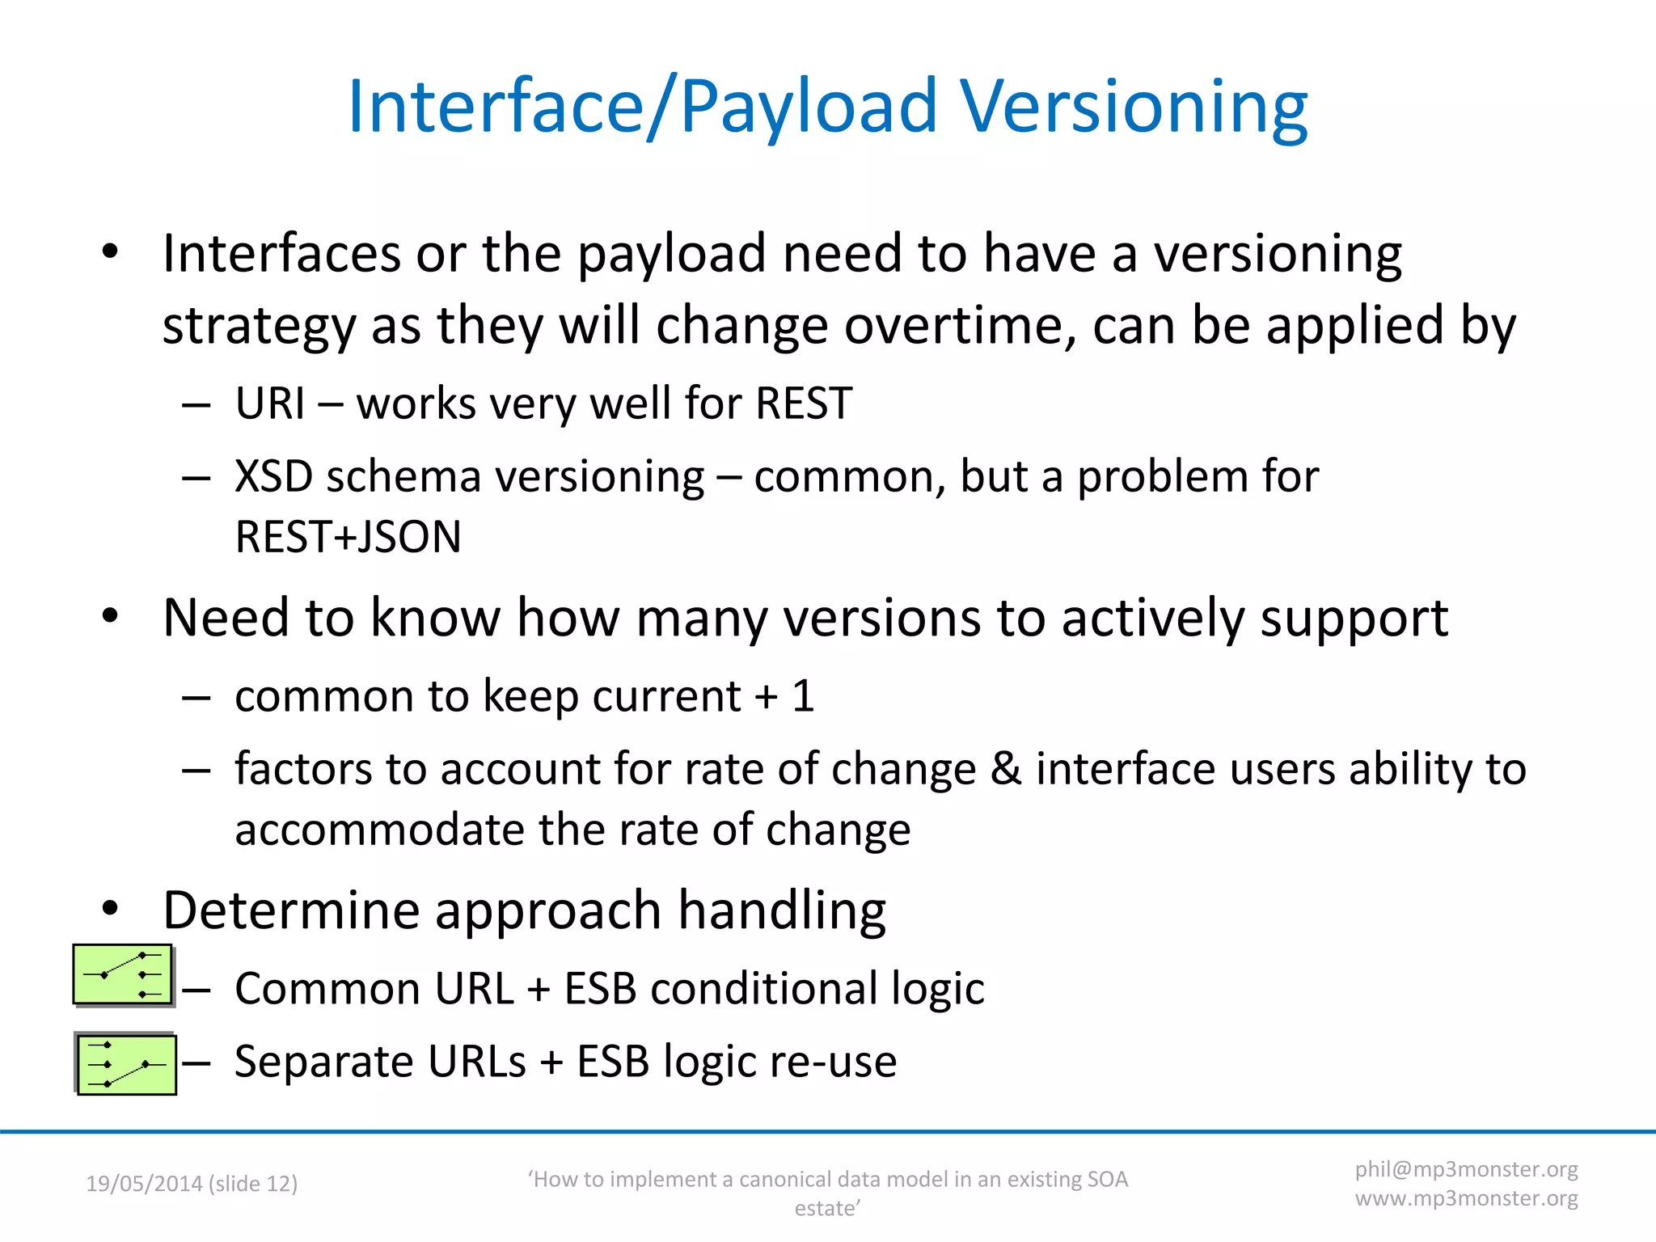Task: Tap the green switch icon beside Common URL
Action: coord(123,974)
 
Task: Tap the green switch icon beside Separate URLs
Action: coord(126,1064)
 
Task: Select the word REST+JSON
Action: coord(348,537)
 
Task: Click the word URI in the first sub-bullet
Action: coord(270,403)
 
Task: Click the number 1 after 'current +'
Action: coord(802,696)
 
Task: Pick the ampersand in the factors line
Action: coord(1005,768)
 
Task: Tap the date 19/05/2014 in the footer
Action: coord(144,1184)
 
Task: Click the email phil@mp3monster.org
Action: coord(1466,1169)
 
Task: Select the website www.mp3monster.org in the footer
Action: coord(1466,1198)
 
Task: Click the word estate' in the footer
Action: coord(827,1208)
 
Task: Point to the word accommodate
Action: coord(379,830)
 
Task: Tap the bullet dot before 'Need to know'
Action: coord(111,617)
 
